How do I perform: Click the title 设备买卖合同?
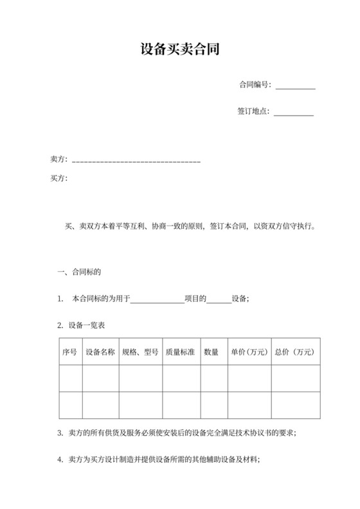pos(180,49)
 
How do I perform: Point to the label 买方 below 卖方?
pos(59,178)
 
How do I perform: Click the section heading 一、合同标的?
pos(79,272)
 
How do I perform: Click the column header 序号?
pos(69,352)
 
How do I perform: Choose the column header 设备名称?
pos(100,352)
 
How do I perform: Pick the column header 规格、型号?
pos(140,352)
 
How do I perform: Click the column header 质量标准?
pos(181,352)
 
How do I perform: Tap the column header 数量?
pos(212,352)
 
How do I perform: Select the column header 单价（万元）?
pos(248,352)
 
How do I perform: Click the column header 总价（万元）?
pos(295,352)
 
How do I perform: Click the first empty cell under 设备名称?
pos(100,378)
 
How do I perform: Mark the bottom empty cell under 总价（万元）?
pos(295,404)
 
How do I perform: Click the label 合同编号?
pos(255,84)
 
